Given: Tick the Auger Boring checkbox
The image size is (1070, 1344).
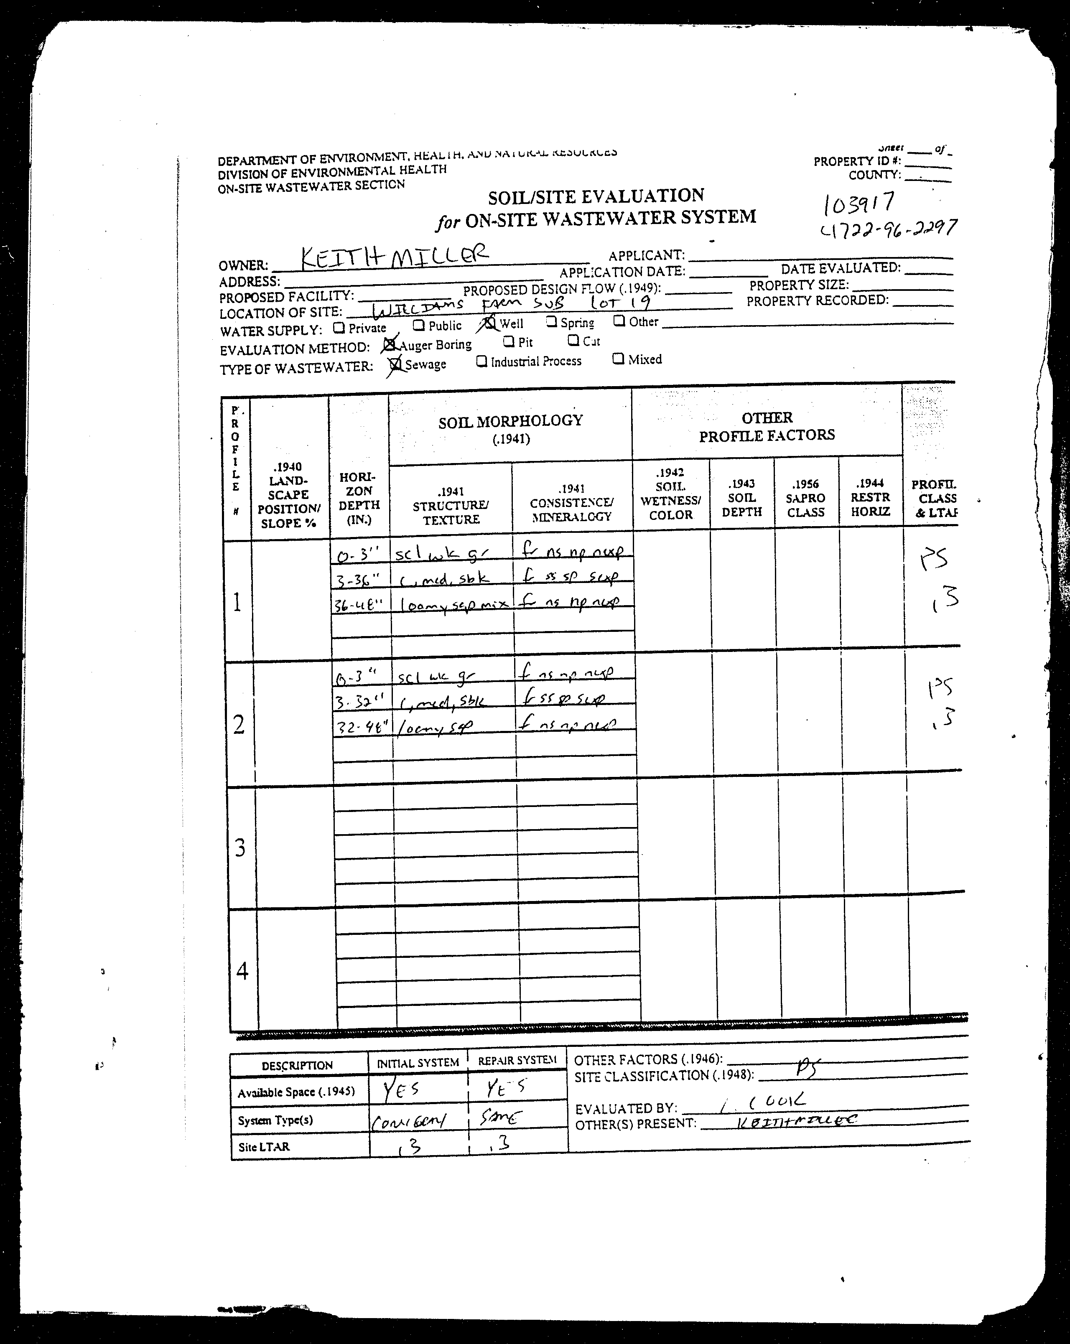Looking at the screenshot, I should pyautogui.click(x=390, y=344).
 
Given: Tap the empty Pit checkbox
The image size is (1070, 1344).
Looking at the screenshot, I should pyautogui.click(x=508, y=341).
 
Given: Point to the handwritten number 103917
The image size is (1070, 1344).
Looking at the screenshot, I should pyautogui.click(x=860, y=202).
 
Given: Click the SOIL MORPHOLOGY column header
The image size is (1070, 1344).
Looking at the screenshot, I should pyautogui.click(x=510, y=421).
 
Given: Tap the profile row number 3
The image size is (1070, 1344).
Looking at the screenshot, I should pyautogui.click(x=239, y=848).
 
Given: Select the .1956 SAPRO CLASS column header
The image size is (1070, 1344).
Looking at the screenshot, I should pyautogui.click(x=805, y=498).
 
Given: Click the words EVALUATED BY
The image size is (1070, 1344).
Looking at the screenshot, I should pyautogui.click(x=625, y=1108).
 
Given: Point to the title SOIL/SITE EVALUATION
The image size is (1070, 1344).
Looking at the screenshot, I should pyautogui.click(x=596, y=197).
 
